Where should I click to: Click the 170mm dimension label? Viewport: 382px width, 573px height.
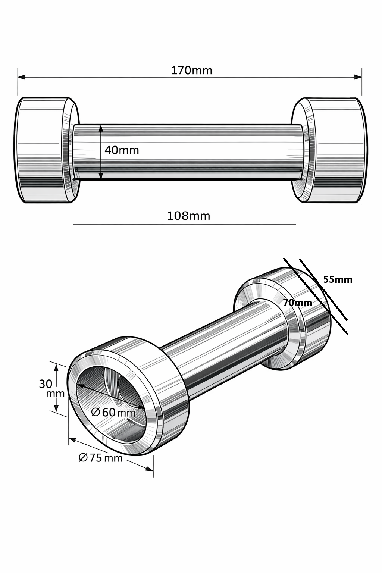coord(192,71)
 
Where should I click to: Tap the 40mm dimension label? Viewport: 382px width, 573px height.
coord(122,150)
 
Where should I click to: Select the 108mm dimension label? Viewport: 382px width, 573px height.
coord(188,216)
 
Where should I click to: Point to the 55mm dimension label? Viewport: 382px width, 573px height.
coord(338,279)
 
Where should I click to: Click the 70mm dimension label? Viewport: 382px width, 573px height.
coord(298,303)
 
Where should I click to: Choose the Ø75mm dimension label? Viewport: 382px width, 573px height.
coord(101,458)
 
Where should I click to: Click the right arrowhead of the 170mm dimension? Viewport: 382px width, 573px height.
coord(358,77)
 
